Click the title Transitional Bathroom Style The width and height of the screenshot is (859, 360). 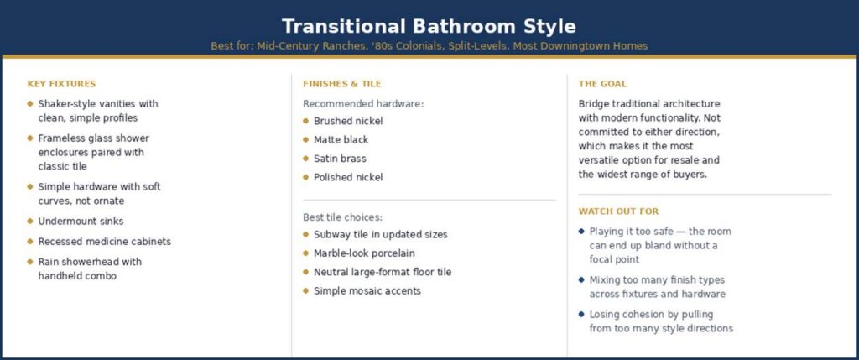pyautogui.click(x=429, y=26)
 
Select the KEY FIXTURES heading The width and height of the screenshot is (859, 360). pyautogui.click(x=61, y=84)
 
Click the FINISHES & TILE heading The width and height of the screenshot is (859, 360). pyautogui.click(x=342, y=84)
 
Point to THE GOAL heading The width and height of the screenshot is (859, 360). pyautogui.click(x=602, y=84)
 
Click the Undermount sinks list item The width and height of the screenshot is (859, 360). pyautogui.click(x=81, y=222)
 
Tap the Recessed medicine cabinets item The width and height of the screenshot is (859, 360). pyautogui.click(x=105, y=242)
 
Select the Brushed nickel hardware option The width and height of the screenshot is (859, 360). pyautogui.click(x=348, y=121)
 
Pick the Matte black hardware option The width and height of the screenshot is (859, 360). pyautogui.click(x=341, y=140)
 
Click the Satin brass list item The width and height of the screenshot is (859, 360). pyautogui.click(x=340, y=159)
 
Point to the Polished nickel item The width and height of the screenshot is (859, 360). pyautogui.click(x=348, y=178)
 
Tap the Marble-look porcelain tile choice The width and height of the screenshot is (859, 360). pyautogui.click(x=364, y=253)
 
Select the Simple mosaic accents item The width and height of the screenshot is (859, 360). pyautogui.click(x=367, y=291)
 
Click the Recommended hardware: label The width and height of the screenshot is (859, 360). pyautogui.click(x=363, y=104)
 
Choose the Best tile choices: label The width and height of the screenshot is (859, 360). pyautogui.click(x=342, y=217)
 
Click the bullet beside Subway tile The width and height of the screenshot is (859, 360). pyautogui.click(x=305, y=234)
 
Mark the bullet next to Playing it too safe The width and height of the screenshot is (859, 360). pyautogui.click(x=581, y=232)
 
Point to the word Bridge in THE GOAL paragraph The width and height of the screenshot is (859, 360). pyautogui.click(x=593, y=104)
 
